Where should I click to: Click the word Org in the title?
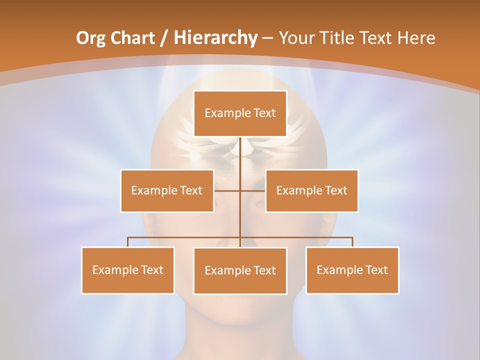click(x=91, y=38)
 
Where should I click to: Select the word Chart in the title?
click(x=133, y=38)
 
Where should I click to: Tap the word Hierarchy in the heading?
click(x=215, y=38)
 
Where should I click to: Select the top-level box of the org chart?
click(x=240, y=113)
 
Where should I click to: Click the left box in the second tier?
click(x=167, y=190)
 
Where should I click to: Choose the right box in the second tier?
click(x=311, y=190)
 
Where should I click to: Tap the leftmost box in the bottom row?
click(x=127, y=270)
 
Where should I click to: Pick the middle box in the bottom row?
click(x=240, y=270)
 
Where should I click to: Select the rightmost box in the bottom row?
click(x=352, y=270)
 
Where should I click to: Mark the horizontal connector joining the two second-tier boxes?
click(x=240, y=190)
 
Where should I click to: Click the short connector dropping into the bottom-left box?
click(x=127, y=242)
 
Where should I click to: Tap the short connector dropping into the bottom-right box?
click(x=352, y=242)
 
